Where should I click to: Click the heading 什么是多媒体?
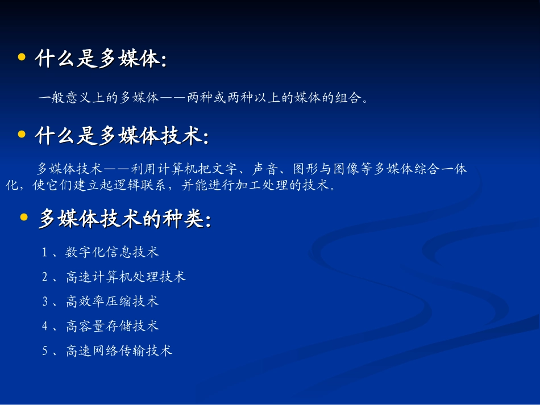click(101, 59)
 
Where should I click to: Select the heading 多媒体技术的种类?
click(124, 219)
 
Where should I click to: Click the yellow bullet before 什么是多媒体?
click(22, 57)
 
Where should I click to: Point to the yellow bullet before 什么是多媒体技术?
click(22, 135)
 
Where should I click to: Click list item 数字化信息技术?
click(112, 252)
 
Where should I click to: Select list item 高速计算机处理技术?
click(126, 277)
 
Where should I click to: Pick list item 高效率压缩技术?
click(112, 302)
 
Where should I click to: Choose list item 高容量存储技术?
click(112, 326)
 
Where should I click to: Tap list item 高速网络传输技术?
click(119, 351)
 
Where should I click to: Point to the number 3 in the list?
click(45, 302)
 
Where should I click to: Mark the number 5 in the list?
click(45, 352)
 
